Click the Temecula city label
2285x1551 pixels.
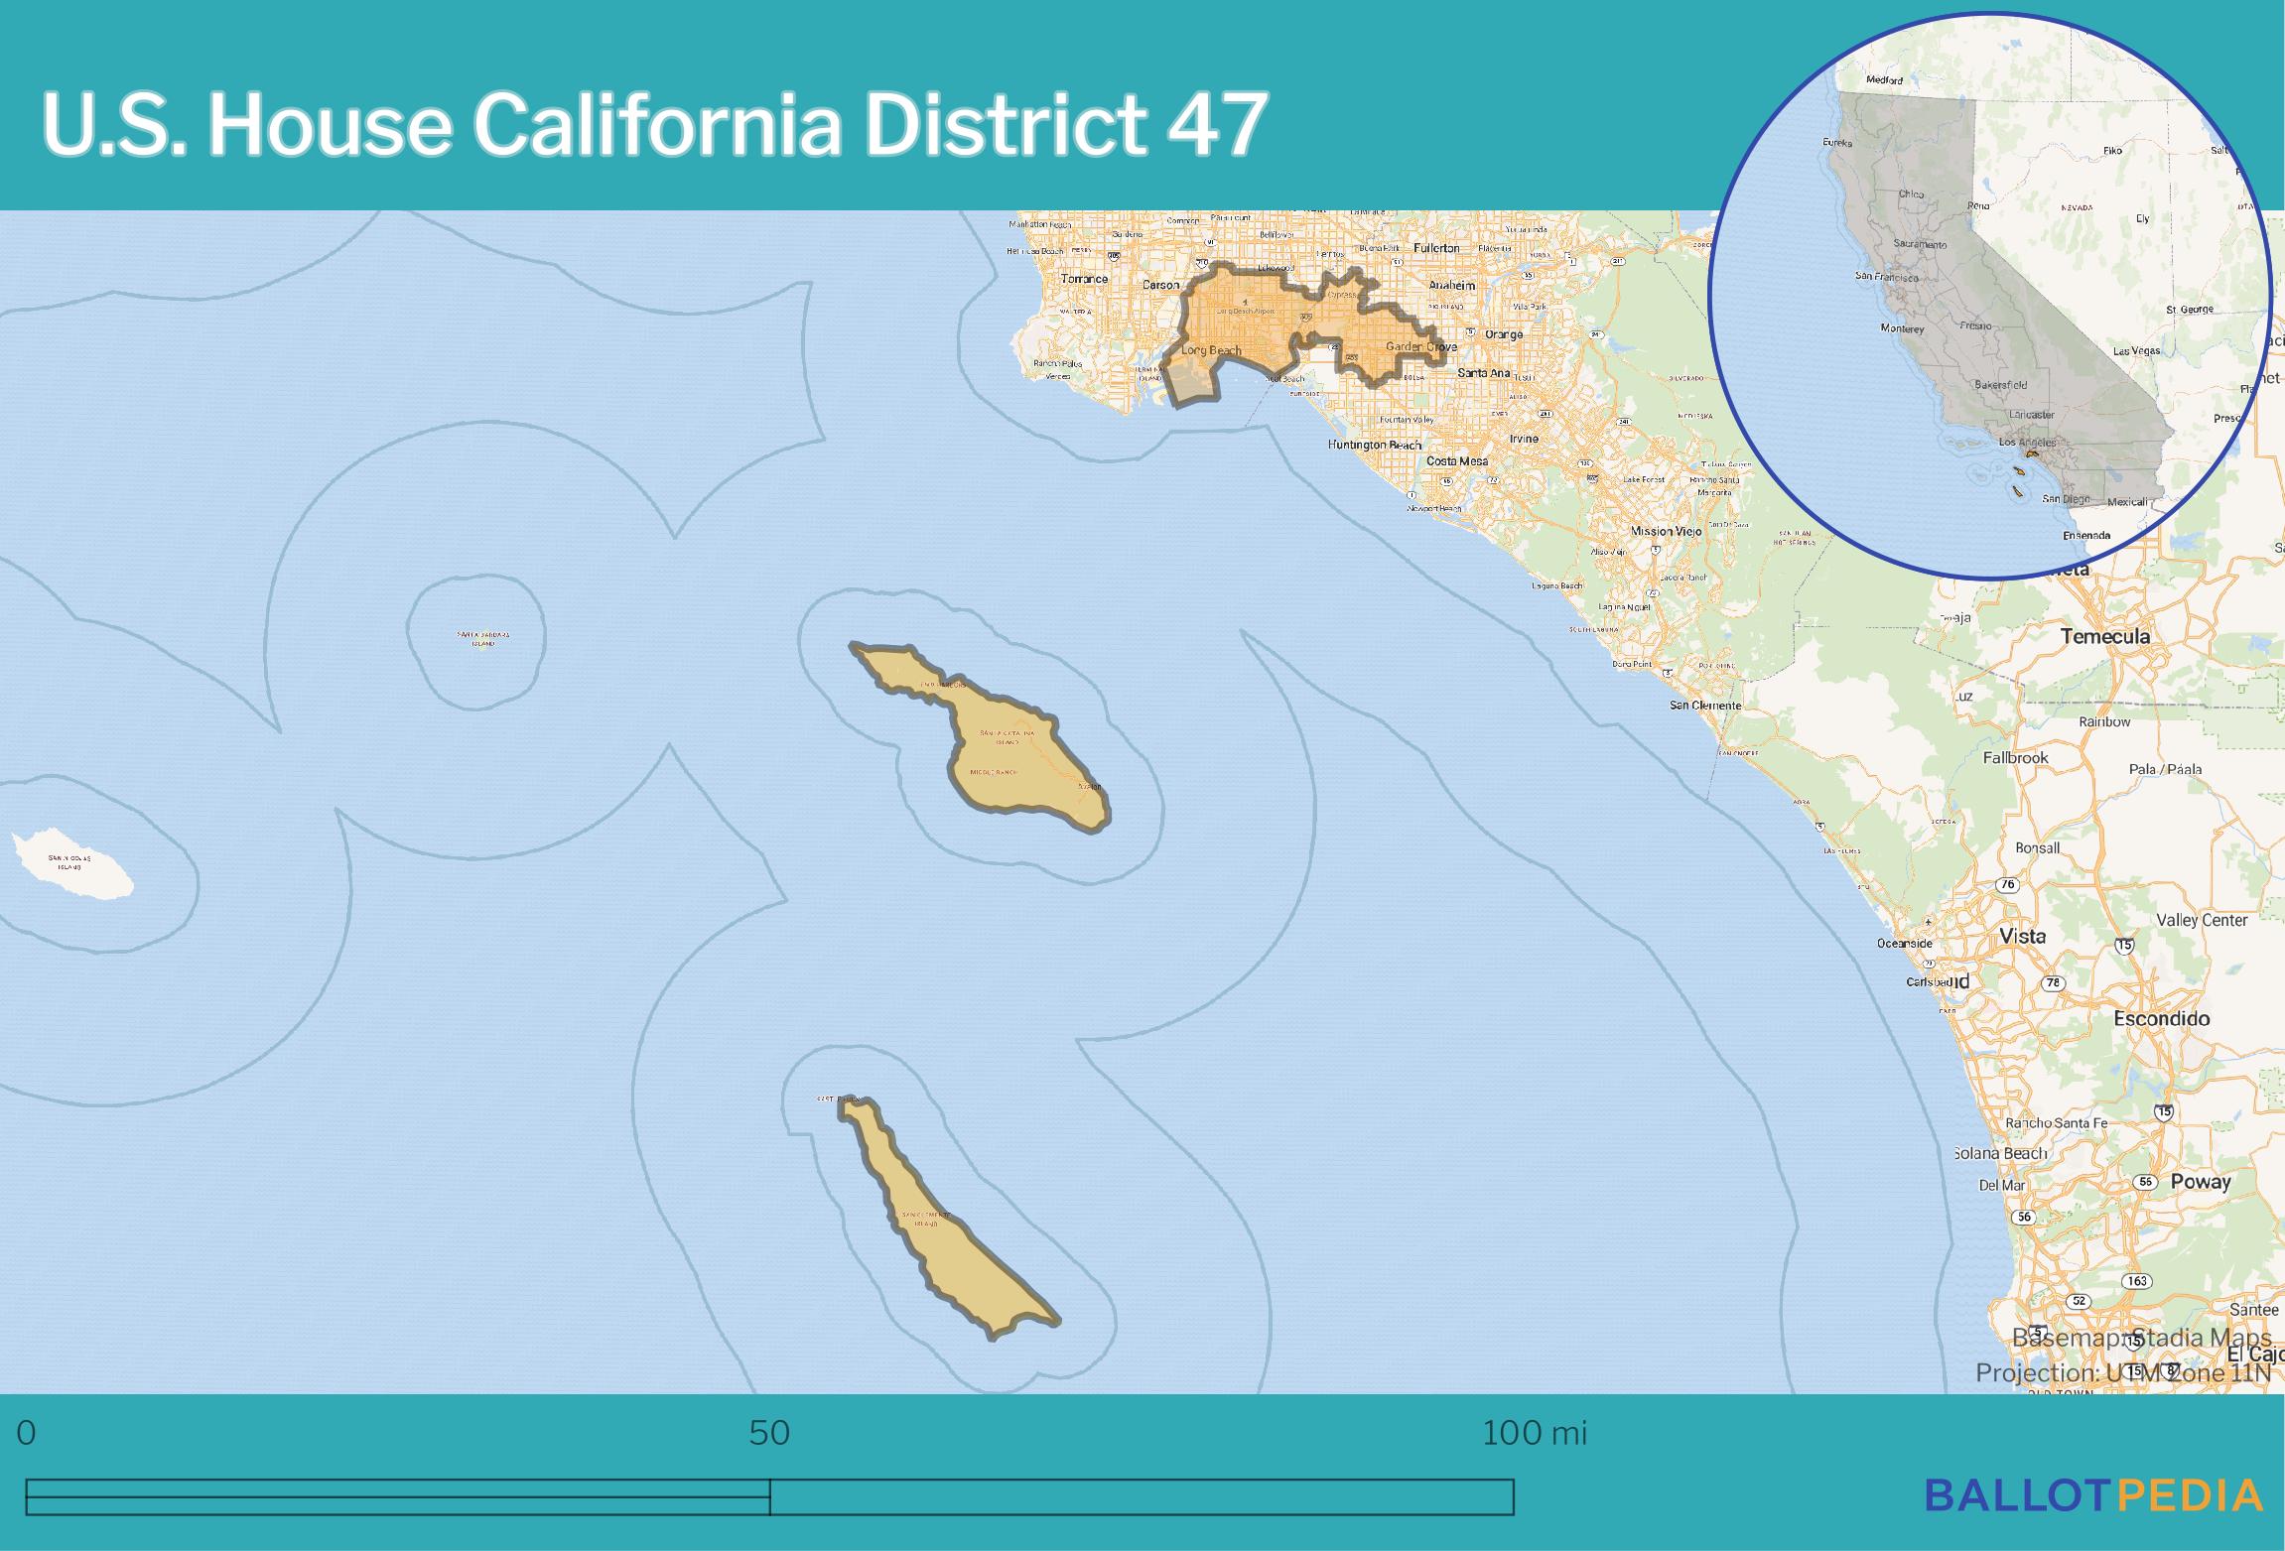[2104, 636]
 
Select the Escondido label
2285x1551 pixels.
[2161, 1019]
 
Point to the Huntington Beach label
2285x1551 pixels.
[1374, 445]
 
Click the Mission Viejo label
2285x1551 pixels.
[1666, 531]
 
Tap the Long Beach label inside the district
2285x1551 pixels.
[1211, 350]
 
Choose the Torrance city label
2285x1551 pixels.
[1084, 279]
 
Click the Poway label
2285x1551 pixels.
[2200, 1182]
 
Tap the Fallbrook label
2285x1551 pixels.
[2015, 758]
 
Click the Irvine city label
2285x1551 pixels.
[1523, 438]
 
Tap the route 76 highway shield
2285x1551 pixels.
[2007, 884]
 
